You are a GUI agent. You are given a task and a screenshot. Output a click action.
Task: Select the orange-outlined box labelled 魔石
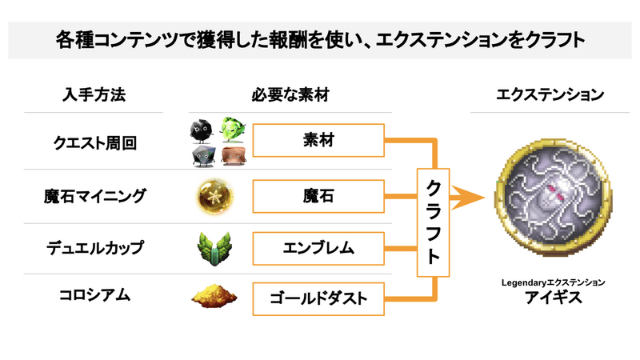click(318, 195)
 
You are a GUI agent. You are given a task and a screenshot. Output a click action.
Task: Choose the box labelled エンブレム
click(318, 247)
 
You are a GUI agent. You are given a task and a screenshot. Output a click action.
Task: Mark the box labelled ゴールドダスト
click(318, 298)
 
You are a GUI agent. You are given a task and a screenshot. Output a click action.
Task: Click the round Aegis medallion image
click(550, 196)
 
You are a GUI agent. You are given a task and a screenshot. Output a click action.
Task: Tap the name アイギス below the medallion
click(550, 298)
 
